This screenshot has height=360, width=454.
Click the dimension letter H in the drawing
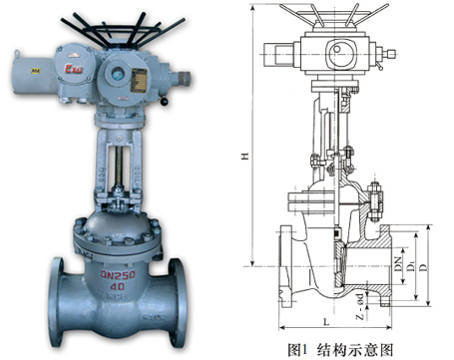241,157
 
